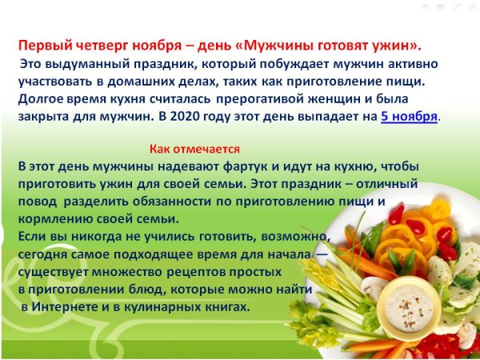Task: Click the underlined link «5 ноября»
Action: pos(409,117)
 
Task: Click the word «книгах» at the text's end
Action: pos(230,307)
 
